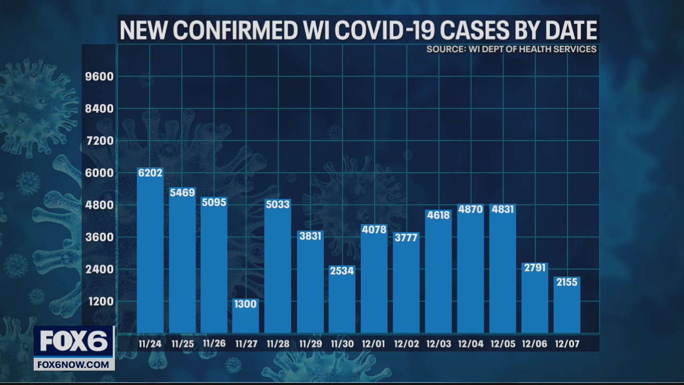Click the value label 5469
tap(182, 192)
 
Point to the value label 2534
tap(342, 271)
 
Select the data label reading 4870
tap(470, 209)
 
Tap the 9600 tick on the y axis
tap(100, 76)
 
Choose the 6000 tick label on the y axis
tap(100, 173)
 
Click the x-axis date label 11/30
tap(342, 343)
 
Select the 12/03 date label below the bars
tap(438, 343)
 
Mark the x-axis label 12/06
tap(534, 343)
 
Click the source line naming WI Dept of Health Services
tap(511, 49)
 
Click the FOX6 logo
tap(74, 341)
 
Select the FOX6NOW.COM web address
tap(74, 365)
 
